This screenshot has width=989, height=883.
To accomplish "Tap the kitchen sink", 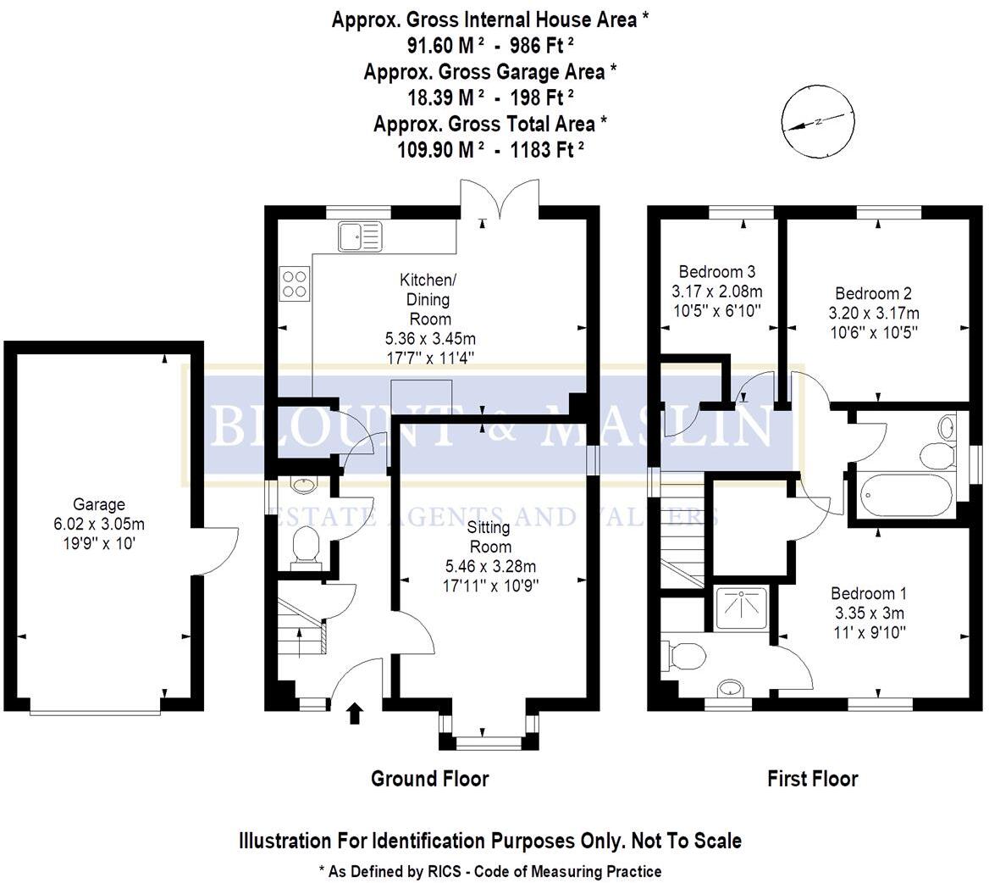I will [x=360, y=236].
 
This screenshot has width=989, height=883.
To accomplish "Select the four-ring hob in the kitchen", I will [x=295, y=283].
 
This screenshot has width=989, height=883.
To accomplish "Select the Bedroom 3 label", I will [x=717, y=272].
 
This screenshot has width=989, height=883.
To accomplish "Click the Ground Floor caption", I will [x=429, y=778].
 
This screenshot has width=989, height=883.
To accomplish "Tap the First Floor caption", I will [x=812, y=778].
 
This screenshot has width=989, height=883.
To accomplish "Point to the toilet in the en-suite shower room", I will [x=687, y=655].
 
